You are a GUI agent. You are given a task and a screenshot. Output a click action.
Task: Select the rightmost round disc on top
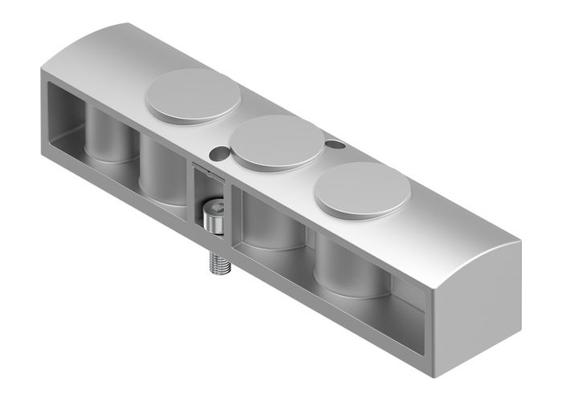click(x=362, y=193)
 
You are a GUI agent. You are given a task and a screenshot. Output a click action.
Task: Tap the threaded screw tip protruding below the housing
click(x=218, y=263)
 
